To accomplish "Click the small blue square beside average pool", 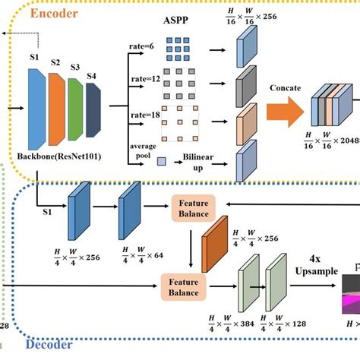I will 162,160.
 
